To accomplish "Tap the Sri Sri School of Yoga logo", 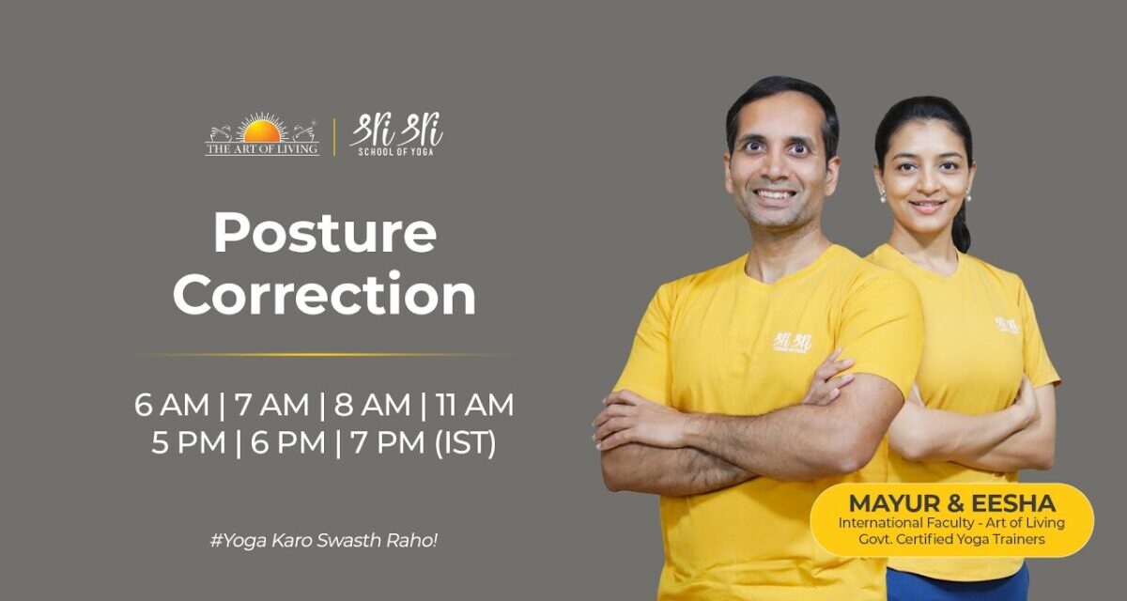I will (x=396, y=134).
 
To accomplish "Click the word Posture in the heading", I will (x=325, y=233).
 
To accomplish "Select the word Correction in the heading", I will (x=325, y=295).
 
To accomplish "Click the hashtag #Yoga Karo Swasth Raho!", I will (x=324, y=543).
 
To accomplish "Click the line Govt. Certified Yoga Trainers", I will (x=951, y=539).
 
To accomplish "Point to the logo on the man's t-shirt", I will (x=792, y=342).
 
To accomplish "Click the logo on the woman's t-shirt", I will (x=1007, y=324).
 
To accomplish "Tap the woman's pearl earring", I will (x=883, y=197).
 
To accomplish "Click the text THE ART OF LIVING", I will (x=262, y=149).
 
